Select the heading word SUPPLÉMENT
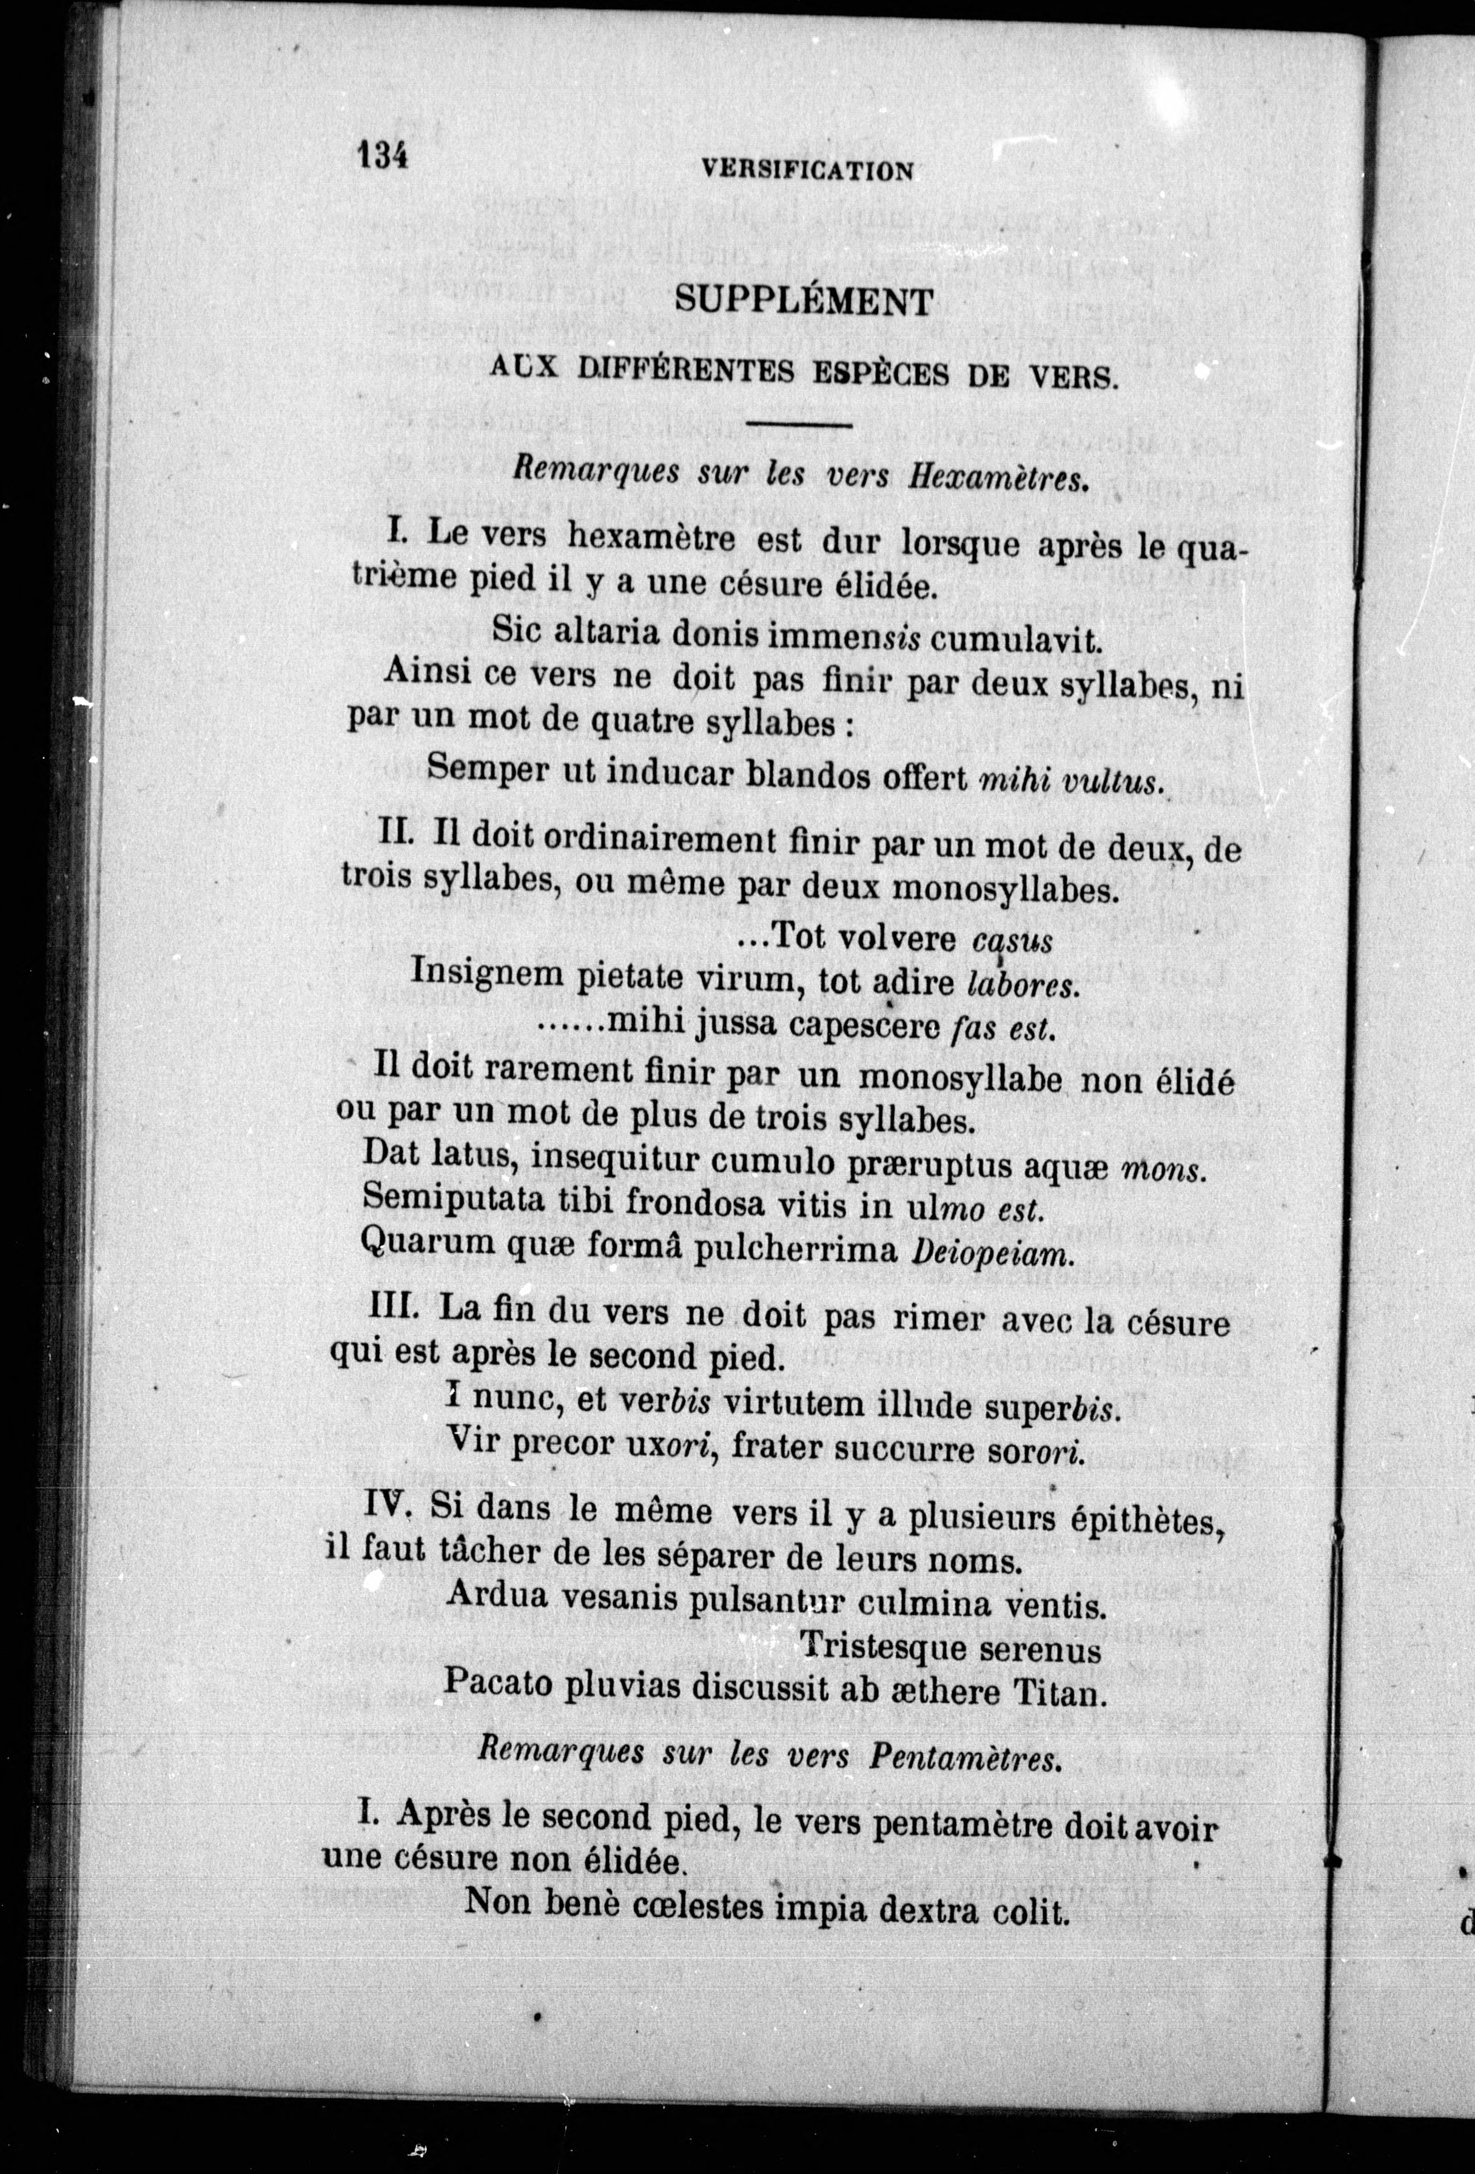point(804,300)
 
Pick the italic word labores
point(1023,984)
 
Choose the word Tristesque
point(869,1647)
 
